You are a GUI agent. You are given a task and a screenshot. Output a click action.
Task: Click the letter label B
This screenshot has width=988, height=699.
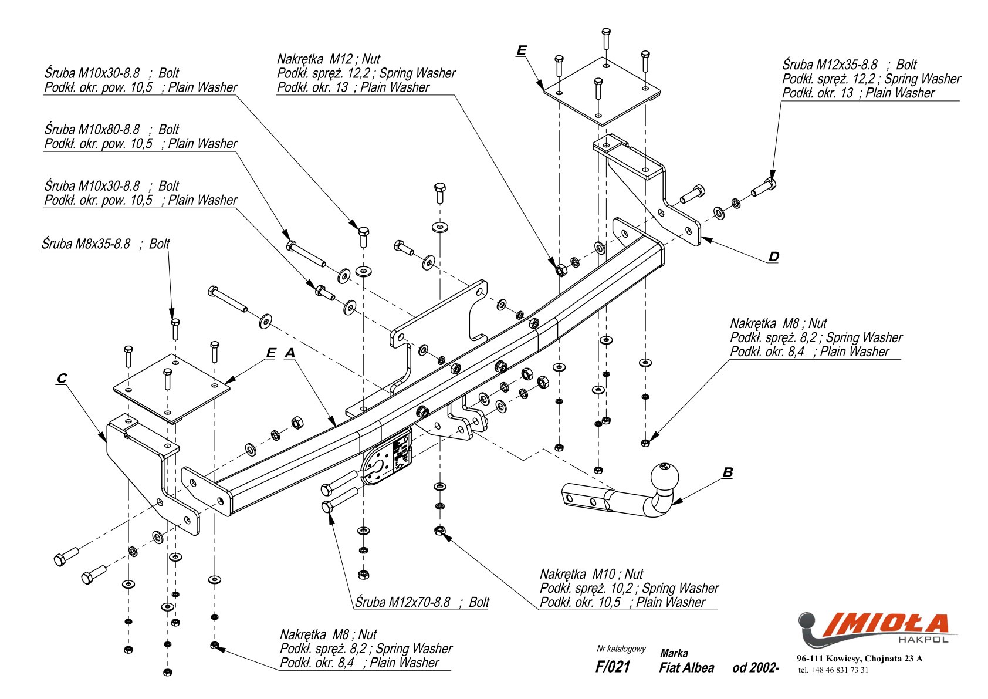click(728, 472)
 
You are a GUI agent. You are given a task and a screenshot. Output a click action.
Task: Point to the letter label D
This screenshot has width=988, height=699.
click(774, 256)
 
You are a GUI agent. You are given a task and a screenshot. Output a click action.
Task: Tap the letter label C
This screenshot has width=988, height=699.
click(62, 378)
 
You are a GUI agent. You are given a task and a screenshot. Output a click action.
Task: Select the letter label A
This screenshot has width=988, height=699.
click(290, 353)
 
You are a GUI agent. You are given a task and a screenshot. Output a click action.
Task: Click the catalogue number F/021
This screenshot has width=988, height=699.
click(613, 667)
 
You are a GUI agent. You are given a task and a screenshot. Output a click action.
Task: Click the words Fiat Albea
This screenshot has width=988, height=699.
click(686, 668)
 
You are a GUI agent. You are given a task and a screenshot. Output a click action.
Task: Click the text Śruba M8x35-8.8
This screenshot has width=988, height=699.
click(86, 244)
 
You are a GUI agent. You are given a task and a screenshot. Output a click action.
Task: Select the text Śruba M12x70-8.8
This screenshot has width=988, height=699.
click(402, 602)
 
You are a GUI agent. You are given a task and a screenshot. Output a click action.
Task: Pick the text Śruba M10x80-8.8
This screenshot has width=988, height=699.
click(92, 129)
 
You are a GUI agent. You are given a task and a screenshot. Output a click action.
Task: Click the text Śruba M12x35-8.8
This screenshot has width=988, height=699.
click(830, 65)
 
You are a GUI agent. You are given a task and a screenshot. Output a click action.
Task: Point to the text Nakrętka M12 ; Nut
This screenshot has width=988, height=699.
click(329, 59)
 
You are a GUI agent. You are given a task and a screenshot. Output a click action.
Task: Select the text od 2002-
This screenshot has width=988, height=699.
click(756, 668)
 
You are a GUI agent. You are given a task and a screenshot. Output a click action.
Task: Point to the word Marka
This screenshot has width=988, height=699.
click(674, 653)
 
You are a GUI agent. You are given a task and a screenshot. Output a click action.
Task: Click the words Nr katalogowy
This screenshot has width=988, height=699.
click(621, 649)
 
